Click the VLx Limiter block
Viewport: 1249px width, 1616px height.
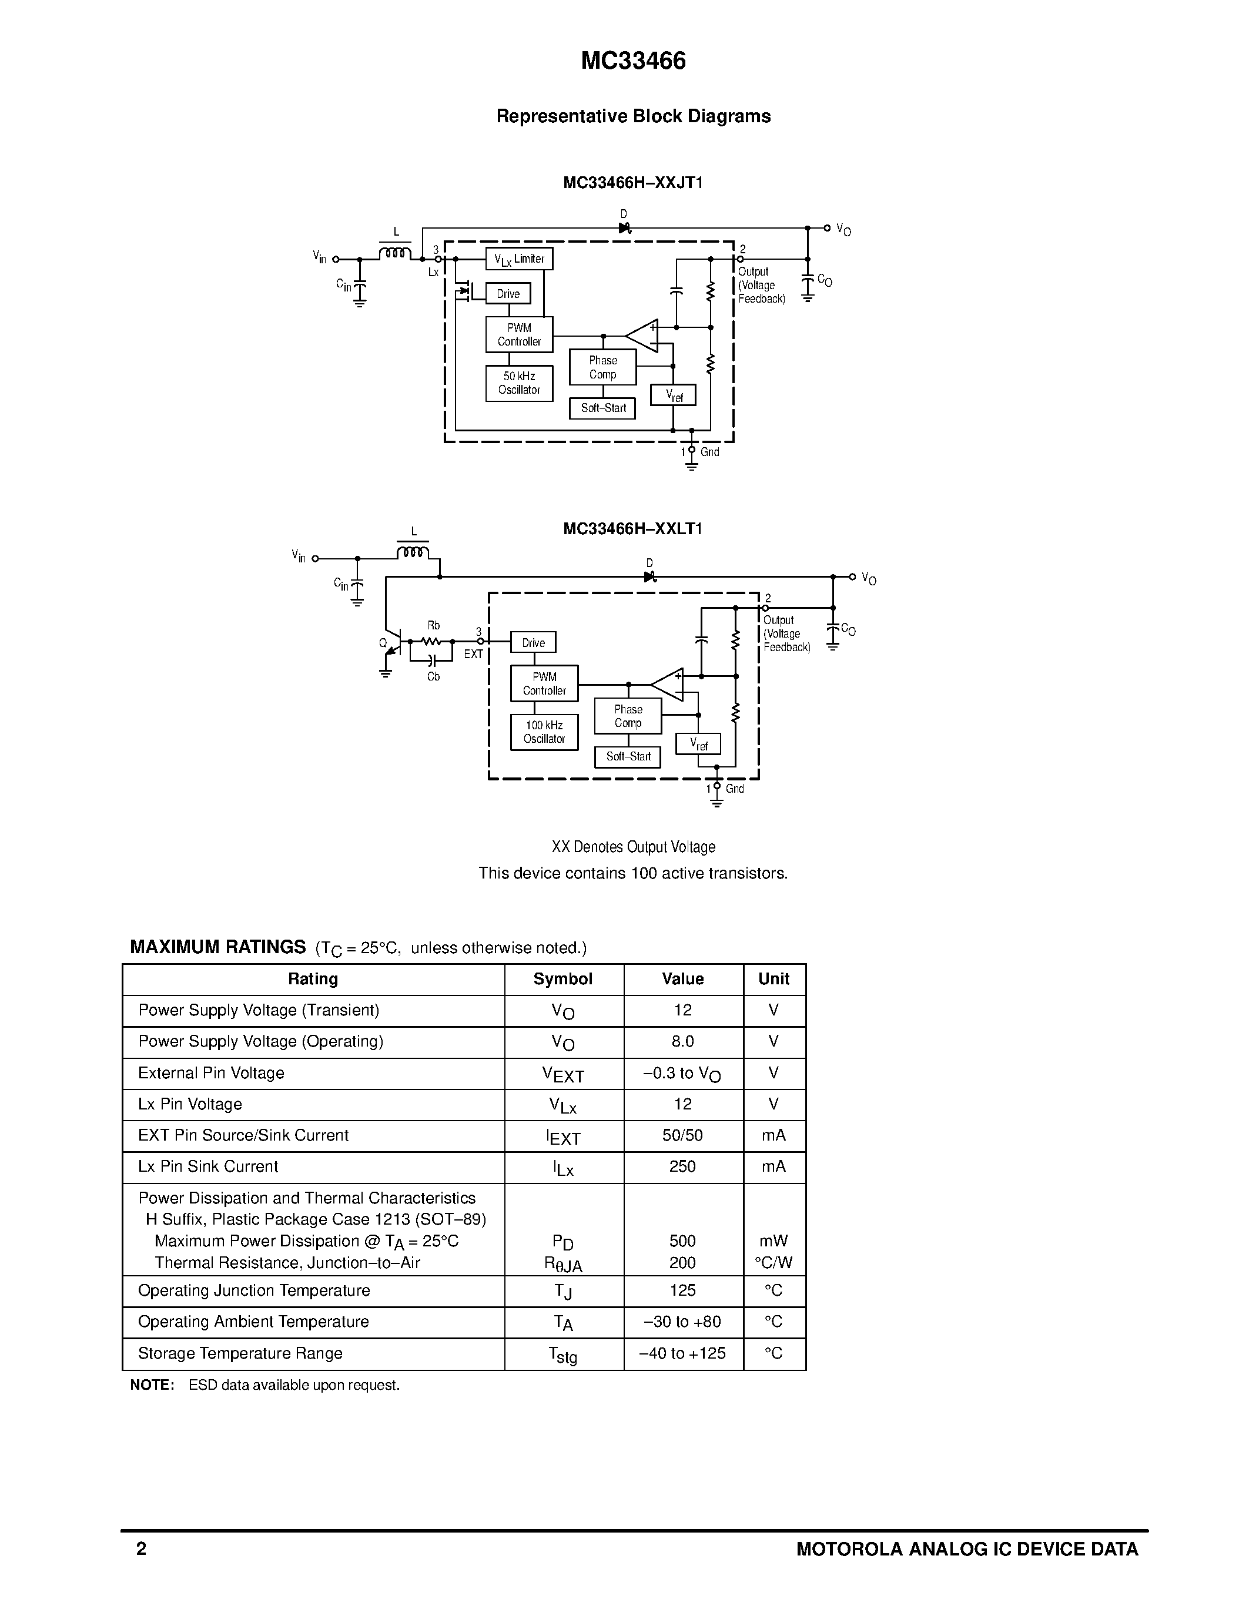click(518, 259)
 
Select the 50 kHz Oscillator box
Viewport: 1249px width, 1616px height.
click(518, 383)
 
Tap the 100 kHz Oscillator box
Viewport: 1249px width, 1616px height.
click(544, 732)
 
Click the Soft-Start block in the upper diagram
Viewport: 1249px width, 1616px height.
click(602, 408)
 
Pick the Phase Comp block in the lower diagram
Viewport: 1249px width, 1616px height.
click(628, 716)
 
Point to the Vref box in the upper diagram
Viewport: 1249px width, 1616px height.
click(672, 395)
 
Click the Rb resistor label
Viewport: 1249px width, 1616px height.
click(434, 625)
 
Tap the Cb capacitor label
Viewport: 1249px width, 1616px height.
click(434, 676)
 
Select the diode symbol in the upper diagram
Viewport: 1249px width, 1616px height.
click(624, 228)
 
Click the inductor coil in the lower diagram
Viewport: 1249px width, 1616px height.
click(413, 552)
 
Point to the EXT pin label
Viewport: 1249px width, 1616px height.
click(473, 654)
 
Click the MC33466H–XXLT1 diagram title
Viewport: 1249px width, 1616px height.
click(632, 528)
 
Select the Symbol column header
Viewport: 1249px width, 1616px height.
click(563, 979)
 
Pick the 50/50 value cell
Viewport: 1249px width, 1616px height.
click(682, 1135)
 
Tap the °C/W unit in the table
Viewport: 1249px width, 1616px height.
click(773, 1262)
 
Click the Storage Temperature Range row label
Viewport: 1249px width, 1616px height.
click(240, 1353)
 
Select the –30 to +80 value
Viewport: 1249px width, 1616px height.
click(682, 1322)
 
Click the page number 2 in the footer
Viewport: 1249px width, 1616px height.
click(141, 1548)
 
